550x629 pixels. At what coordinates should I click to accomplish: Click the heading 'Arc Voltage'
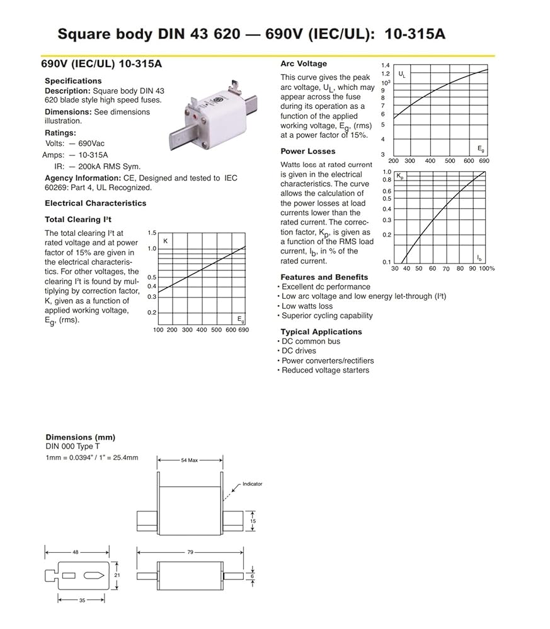pos(304,64)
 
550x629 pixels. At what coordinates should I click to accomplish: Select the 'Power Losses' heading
pos(308,151)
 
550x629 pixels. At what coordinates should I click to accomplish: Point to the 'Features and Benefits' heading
pos(324,277)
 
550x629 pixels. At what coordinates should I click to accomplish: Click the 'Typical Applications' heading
pos(321,331)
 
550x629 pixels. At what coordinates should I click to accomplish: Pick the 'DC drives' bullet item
pos(299,351)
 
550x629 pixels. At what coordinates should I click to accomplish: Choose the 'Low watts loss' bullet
pos(307,306)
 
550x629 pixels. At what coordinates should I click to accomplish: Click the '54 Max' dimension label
pos(189,460)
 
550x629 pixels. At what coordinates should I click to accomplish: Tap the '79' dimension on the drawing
pos(190,552)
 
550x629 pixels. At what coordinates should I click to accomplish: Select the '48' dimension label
pos(75,552)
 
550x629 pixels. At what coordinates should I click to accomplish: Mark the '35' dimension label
pos(83,601)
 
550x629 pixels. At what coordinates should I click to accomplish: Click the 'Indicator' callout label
pos(252,484)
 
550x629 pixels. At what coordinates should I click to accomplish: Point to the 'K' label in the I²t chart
pos(165,241)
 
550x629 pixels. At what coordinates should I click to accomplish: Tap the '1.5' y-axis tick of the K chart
pos(151,233)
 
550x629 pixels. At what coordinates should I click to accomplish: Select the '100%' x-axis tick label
pos(486,269)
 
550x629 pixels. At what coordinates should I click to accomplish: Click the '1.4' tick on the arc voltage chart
pos(386,65)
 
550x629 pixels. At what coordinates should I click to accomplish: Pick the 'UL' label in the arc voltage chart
pos(403,75)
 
